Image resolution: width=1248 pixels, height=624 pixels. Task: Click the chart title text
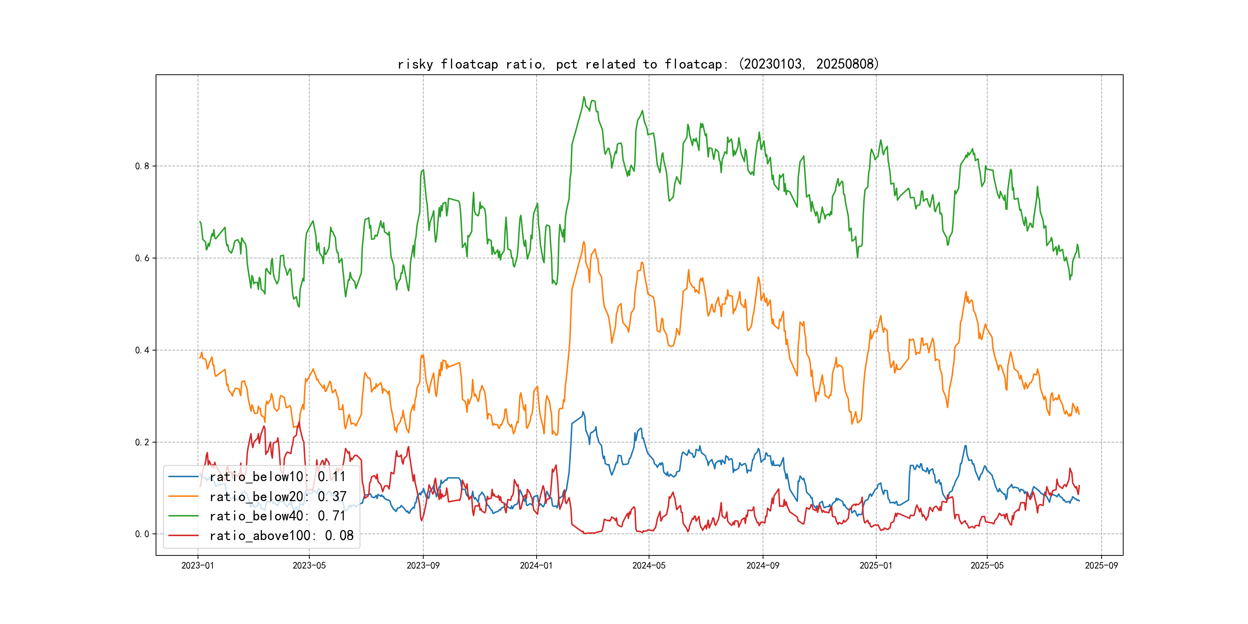(638, 64)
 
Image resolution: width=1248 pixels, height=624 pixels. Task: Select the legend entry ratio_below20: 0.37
(278, 497)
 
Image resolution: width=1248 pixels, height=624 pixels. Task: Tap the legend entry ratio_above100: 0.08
(281, 535)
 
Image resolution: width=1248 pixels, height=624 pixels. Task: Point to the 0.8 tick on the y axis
(142, 166)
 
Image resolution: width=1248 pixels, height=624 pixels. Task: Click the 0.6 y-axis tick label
(142, 258)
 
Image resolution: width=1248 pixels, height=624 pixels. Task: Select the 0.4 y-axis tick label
(142, 350)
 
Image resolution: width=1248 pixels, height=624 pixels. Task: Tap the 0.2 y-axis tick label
(142, 442)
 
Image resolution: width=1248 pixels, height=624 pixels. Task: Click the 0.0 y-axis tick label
(142, 534)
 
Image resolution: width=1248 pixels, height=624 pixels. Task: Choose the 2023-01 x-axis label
(198, 565)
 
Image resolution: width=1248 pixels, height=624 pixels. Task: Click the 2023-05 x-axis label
(309, 565)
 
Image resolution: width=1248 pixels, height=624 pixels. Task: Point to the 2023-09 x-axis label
(423, 565)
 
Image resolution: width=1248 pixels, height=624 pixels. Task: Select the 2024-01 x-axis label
(536, 565)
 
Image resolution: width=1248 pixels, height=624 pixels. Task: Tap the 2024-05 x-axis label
(649, 565)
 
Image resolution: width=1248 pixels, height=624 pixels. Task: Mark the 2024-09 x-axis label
(763, 565)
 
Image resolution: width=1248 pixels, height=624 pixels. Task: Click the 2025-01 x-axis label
(876, 565)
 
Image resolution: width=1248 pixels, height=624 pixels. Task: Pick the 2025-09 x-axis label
(1101, 565)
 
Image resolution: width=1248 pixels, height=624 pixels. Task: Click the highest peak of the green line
(584, 97)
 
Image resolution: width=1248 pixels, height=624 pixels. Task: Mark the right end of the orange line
(1079, 414)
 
